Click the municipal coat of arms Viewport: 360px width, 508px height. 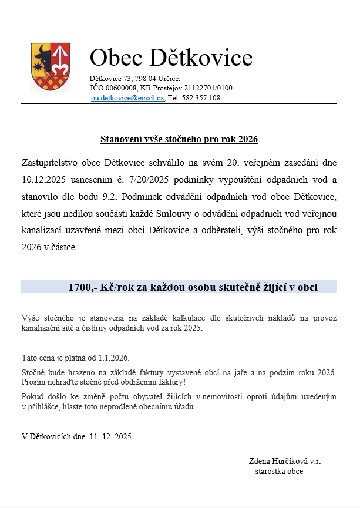tap(51, 67)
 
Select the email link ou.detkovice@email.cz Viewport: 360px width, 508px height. tap(127, 98)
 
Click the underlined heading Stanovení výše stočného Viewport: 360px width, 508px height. tap(179, 139)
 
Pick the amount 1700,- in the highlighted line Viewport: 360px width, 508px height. tap(80, 287)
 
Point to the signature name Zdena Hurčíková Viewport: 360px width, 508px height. tap(281, 461)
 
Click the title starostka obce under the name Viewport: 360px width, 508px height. tap(279, 471)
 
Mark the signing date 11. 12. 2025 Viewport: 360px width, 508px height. tap(110, 436)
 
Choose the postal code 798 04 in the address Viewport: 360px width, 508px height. tap(147, 78)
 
